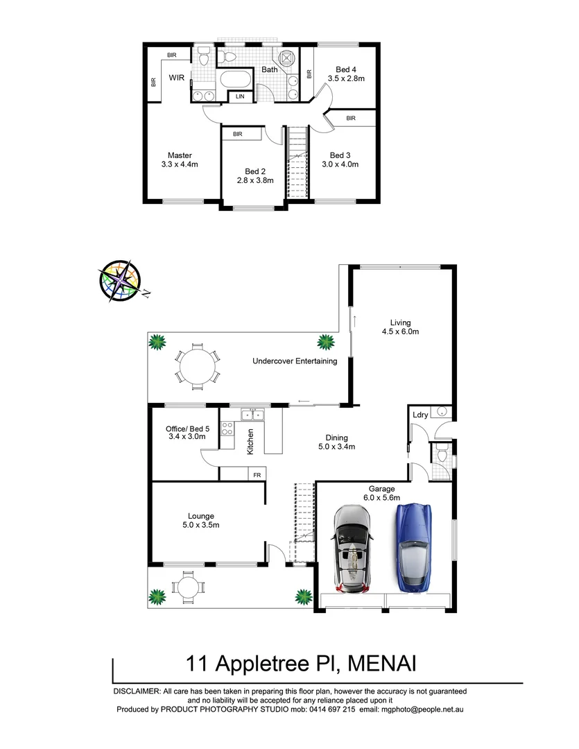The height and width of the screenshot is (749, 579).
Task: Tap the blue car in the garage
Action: (x=414, y=547)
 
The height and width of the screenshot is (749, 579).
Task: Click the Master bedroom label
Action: (x=179, y=155)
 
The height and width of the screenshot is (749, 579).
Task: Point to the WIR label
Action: (x=177, y=79)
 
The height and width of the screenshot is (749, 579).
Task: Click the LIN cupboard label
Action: (x=240, y=96)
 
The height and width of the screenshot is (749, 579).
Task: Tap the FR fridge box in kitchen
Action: (x=257, y=475)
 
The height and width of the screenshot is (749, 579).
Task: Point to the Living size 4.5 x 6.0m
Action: (x=400, y=332)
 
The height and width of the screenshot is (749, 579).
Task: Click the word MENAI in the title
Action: (x=381, y=664)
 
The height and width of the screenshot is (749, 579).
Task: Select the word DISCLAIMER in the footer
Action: (x=136, y=691)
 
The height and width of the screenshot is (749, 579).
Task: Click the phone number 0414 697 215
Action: (x=327, y=709)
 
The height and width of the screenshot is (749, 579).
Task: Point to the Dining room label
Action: (x=336, y=438)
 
